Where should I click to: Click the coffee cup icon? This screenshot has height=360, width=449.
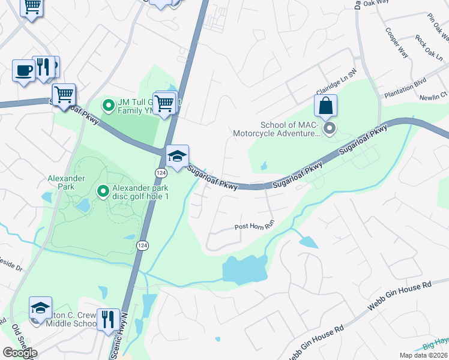24,70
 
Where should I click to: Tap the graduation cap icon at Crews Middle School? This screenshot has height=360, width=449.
41,308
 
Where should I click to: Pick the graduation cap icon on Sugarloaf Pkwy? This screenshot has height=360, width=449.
178,156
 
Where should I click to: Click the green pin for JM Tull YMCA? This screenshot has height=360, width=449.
109,106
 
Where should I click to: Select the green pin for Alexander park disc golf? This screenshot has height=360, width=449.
103,191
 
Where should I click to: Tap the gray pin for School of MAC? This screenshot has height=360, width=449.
329,128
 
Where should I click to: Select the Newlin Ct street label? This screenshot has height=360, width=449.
436,95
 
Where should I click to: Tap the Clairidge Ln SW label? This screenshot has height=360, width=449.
337,71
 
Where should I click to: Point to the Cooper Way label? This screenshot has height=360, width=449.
397,43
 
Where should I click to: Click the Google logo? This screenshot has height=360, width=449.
20,353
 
